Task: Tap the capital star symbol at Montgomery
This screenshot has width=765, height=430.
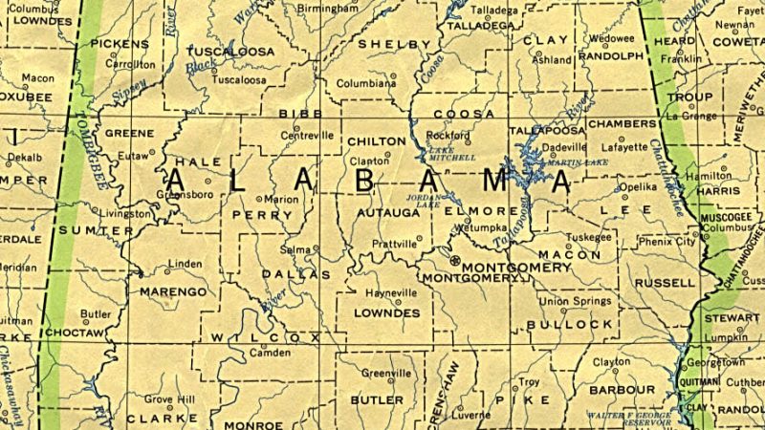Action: point(454,260)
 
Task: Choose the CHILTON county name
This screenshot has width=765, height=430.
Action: point(377,141)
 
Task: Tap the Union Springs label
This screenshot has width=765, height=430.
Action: point(575,302)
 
